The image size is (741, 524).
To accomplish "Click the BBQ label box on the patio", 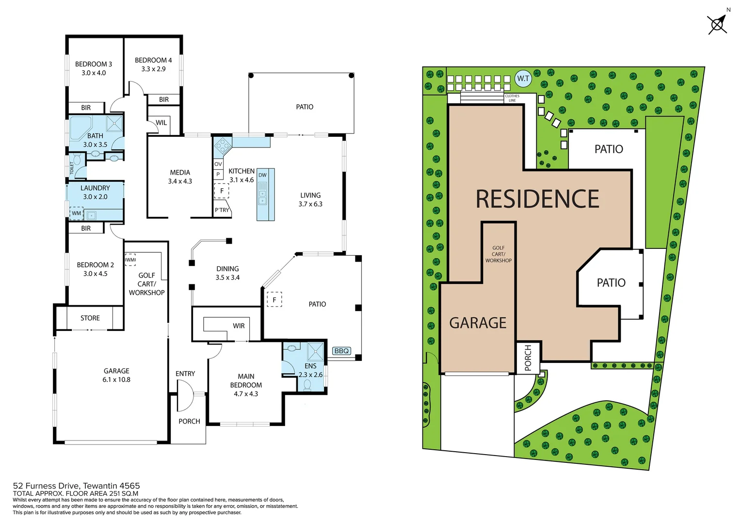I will click(341, 351).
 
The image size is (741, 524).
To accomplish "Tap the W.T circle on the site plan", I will click(523, 79).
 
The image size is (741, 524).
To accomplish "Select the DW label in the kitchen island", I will click(262, 175).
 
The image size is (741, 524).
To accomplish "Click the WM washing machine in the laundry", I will click(77, 213).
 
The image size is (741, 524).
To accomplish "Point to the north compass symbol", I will click(717, 24).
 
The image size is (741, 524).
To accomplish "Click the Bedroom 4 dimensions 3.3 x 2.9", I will click(153, 69).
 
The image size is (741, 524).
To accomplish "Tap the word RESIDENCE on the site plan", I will click(537, 199).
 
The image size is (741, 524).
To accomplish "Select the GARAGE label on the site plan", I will click(478, 323).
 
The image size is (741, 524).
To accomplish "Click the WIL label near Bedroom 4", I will click(161, 123).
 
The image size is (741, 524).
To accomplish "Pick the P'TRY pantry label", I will click(222, 210).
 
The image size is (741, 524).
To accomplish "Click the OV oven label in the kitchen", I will click(218, 164).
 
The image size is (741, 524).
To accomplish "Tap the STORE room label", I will click(90, 318).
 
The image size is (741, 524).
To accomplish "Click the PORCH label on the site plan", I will click(528, 358).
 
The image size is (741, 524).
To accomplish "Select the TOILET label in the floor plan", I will click(72, 168).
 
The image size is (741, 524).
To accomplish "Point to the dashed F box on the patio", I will click(274, 300).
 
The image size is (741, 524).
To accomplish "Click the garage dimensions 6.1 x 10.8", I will click(116, 380).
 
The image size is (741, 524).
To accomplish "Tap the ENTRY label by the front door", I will click(185, 374).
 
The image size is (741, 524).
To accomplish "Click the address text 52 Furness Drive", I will click(47, 486).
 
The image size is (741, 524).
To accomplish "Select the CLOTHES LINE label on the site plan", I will click(512, 98).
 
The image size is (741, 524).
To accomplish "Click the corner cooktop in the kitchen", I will click(223, 146).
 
